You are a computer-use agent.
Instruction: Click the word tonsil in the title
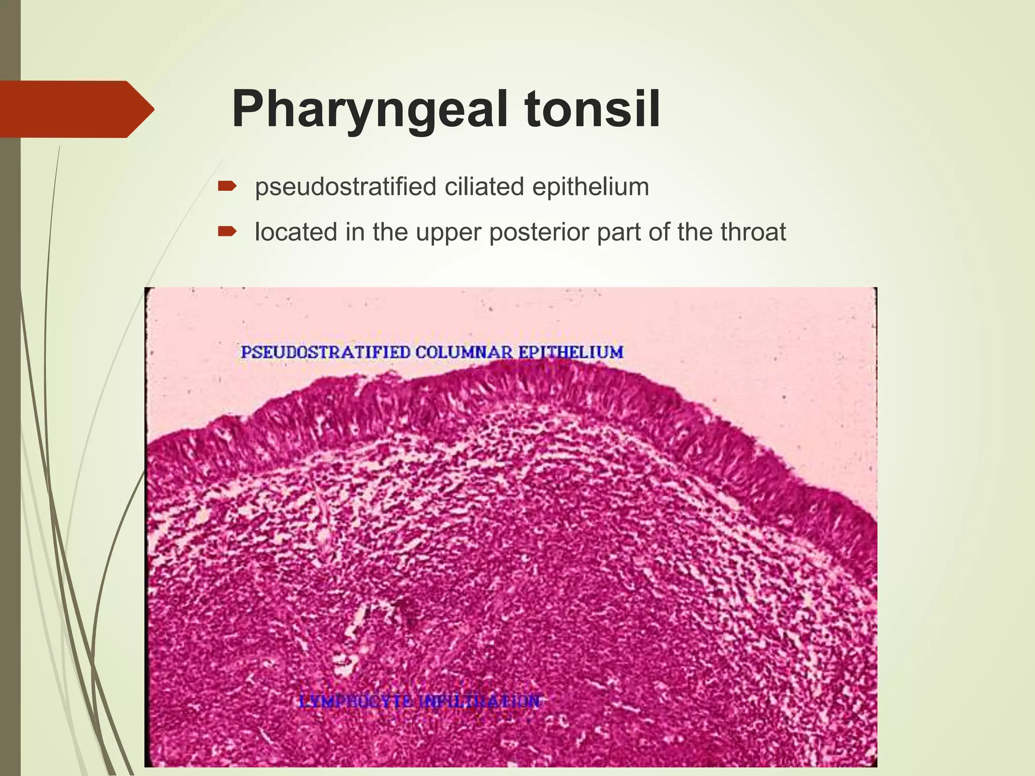pyautogui.click(x=592, y=109)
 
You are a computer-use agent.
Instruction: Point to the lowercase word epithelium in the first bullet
pyautogui.click(x=590, y=187)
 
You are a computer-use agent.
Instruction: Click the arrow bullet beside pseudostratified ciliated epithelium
pyautogui.click(x=227, y=187)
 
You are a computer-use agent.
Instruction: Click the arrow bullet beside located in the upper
pyautogui.click(x=227, y=232)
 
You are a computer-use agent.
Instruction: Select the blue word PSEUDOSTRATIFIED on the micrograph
pyautogui.click(x=325, y=352)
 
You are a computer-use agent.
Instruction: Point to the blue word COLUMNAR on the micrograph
pyautogui.click(x=464, y=352)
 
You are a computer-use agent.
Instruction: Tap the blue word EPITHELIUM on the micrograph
pyautogui.click(x=571, y=352)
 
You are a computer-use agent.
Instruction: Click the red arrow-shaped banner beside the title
pyautogui.click(x=76, y=109)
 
